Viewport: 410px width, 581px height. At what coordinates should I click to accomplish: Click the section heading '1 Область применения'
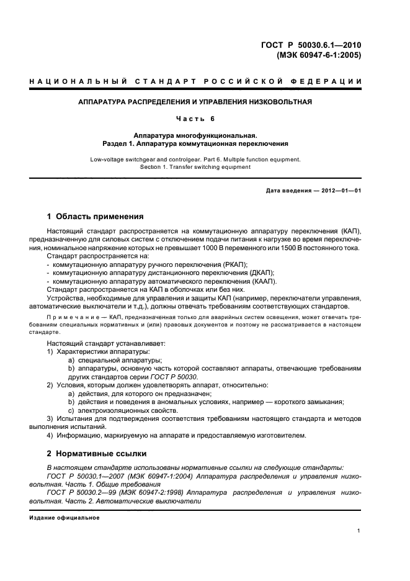click(x=96, y=217)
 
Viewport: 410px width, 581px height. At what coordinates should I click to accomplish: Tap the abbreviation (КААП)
click(x=261, y=281)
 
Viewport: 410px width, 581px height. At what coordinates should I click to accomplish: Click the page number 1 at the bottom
click(x=359, y=531)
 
